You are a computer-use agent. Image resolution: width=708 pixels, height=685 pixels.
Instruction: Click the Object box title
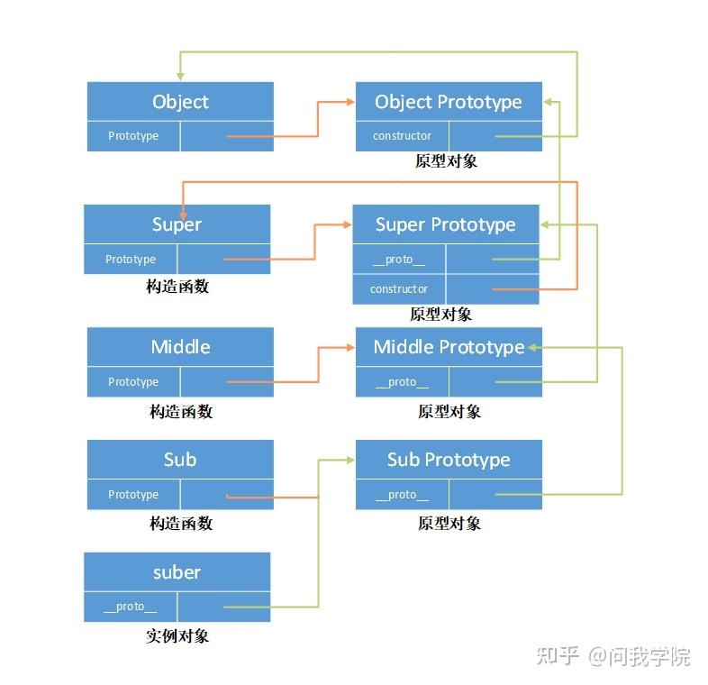(180, 102)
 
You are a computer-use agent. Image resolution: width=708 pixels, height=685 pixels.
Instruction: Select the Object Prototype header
(449, 102)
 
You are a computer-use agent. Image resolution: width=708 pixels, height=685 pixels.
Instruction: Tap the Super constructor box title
(177, 224)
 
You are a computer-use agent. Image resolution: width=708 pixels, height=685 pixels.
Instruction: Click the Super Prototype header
(445, 224)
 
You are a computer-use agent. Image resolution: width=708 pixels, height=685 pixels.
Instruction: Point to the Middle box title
(180, 347)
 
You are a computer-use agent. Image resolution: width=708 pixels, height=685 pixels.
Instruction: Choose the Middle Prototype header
(449, 347)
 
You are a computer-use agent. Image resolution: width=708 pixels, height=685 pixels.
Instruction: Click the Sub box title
(180, 460)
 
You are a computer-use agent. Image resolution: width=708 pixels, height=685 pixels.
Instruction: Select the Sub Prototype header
(449, 460)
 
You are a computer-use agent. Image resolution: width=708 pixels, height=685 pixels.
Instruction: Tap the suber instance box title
(177, 572)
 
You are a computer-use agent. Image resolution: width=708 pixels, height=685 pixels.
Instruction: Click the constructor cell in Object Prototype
(402, 136)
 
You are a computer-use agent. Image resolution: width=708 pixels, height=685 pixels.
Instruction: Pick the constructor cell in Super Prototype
(398, 289)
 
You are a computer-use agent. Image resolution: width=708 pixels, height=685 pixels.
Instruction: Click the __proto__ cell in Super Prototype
(398, 260)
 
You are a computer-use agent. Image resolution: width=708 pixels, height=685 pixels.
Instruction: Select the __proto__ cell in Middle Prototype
(402, 382)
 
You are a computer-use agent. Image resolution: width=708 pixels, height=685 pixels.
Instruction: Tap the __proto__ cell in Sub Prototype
(402, 495)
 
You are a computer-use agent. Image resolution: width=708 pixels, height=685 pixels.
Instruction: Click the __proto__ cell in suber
(130, 607)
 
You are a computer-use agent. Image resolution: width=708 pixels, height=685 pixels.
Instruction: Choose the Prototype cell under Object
(133, 136)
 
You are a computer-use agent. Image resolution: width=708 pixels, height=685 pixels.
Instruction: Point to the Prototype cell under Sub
(133, 495)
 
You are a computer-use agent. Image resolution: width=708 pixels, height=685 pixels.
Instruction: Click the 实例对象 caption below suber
(177, 635)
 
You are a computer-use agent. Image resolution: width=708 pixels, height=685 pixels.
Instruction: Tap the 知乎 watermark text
(557, 656)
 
